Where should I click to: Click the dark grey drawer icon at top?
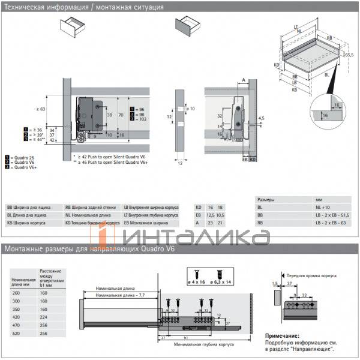[187, 26]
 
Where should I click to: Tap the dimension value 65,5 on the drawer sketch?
[347, 55]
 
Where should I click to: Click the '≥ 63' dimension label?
[40, 109]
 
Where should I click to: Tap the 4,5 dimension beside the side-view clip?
[261, 119]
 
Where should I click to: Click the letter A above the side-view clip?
[244, 79]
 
